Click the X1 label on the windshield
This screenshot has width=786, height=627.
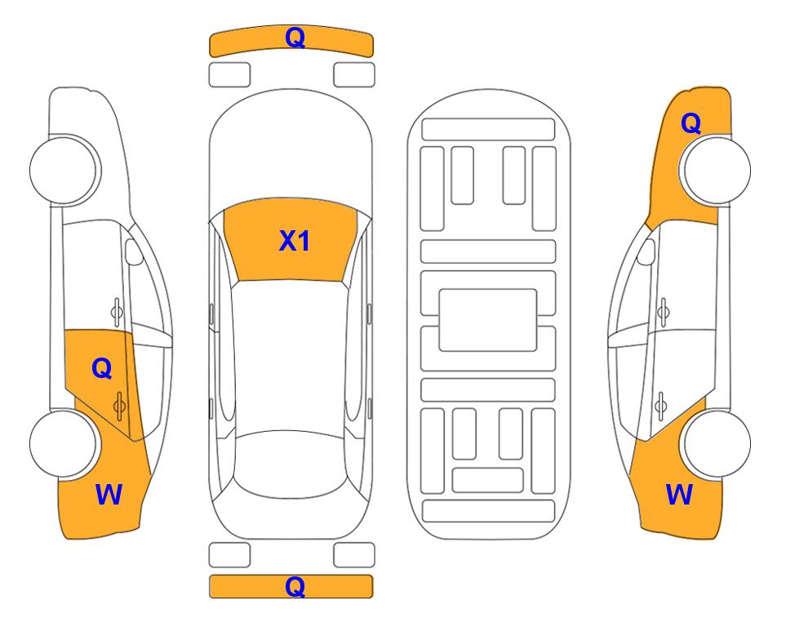click(295, 241)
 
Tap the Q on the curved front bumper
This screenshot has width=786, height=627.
click(295, 38)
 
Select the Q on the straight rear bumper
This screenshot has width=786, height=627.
click(295, 586)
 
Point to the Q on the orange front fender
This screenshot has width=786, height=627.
click(691, 123)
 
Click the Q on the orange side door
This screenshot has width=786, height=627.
click(102, 369)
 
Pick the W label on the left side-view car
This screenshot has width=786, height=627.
click(109, 495)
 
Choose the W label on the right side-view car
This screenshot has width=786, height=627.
click(679, 495)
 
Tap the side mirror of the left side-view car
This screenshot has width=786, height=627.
click(134, 251)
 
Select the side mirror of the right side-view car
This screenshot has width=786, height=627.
click(646, 251)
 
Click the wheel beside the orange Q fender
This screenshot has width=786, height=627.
click(717, 170)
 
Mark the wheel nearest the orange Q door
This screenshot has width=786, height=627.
click(63, 444)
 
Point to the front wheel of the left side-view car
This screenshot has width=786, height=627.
click(63, 170)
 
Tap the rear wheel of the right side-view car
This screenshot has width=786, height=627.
click(717, 444)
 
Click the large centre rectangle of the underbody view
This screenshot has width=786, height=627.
click(488, 320)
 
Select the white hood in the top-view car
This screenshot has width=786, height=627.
click(291, 150)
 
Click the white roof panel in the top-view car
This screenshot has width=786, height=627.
click(290, 356)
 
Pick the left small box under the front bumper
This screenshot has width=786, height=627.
click(229, 75)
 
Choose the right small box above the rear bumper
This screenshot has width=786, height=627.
click(354, 555)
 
